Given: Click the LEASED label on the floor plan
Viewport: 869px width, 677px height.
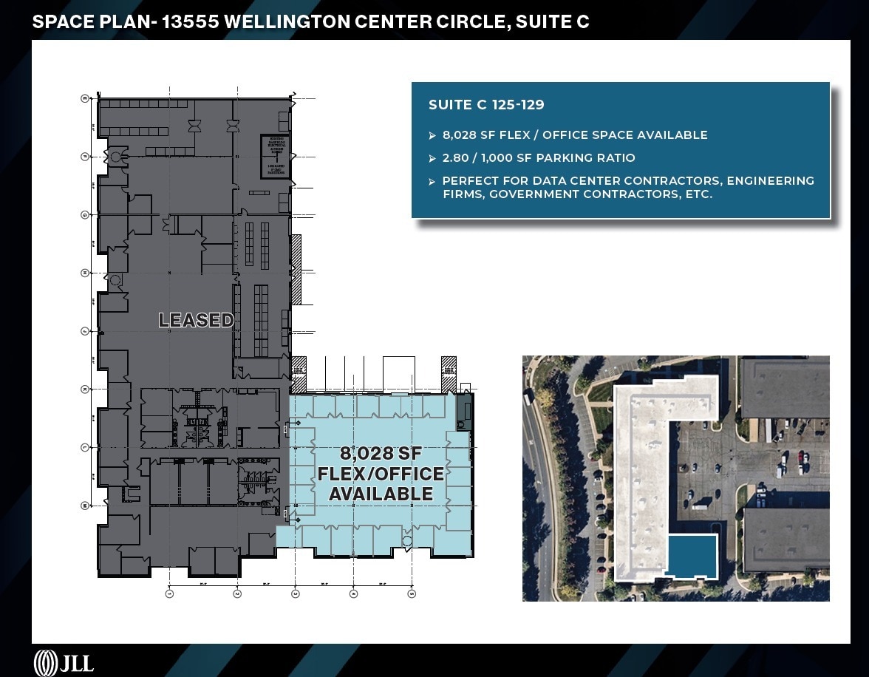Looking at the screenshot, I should point(197,320).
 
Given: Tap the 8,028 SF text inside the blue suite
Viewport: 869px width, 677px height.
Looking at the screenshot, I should point(381,454).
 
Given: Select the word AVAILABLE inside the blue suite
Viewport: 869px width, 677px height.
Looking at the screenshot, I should point(381,494).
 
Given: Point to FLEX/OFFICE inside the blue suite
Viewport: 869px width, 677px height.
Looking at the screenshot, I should point(381,474).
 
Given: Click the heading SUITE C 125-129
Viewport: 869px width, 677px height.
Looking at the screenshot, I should point(486,105).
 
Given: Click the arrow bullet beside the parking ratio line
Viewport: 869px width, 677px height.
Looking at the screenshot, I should point(432,158).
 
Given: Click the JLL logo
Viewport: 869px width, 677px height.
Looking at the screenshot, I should point(64,661).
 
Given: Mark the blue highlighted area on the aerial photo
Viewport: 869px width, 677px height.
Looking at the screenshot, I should point(692,556).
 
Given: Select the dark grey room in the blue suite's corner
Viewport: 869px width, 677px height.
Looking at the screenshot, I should point(463,410).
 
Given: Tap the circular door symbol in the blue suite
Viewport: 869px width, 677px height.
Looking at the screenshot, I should point(406,541).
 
